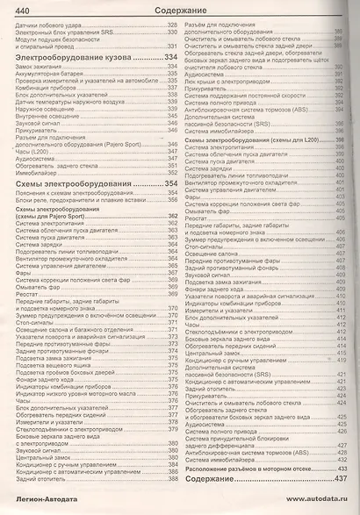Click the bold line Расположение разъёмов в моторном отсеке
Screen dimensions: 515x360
[256, 468]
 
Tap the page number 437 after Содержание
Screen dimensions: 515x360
[342, 481]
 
